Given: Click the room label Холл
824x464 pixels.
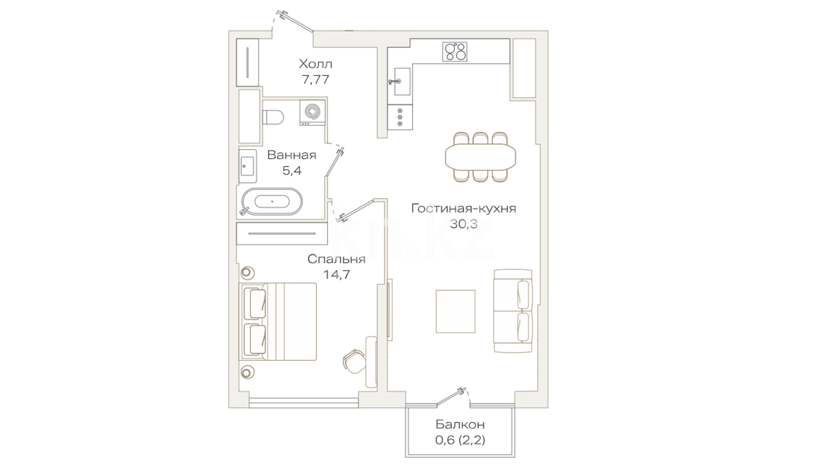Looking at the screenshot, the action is coord(315,64).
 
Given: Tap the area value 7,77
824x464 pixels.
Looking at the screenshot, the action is coord(315,79).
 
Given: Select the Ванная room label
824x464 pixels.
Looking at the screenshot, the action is coord(292,155).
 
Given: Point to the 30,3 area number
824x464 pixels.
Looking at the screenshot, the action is coord(463,224).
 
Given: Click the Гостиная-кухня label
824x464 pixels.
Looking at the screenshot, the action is coord(463,209).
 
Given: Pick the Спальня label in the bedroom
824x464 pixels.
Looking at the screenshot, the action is coord(336,259).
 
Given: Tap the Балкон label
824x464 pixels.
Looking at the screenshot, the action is coord(460,425).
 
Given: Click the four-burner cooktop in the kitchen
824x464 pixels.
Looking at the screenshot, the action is coord(455,52).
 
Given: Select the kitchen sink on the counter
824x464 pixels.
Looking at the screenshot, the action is coord(400,81).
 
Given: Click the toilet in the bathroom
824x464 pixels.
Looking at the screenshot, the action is coord(273,116).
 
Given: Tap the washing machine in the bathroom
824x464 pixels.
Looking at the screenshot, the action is coord(312,113).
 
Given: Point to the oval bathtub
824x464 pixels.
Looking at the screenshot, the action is coord(272,201).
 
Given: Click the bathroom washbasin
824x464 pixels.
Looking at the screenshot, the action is coord(248,165).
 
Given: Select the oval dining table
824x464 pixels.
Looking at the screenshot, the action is coord(481,156).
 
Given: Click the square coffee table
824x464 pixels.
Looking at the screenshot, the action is coord(455,311).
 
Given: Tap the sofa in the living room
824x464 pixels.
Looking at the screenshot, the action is coord(513,311).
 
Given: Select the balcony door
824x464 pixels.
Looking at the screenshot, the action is coord(451,397).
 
